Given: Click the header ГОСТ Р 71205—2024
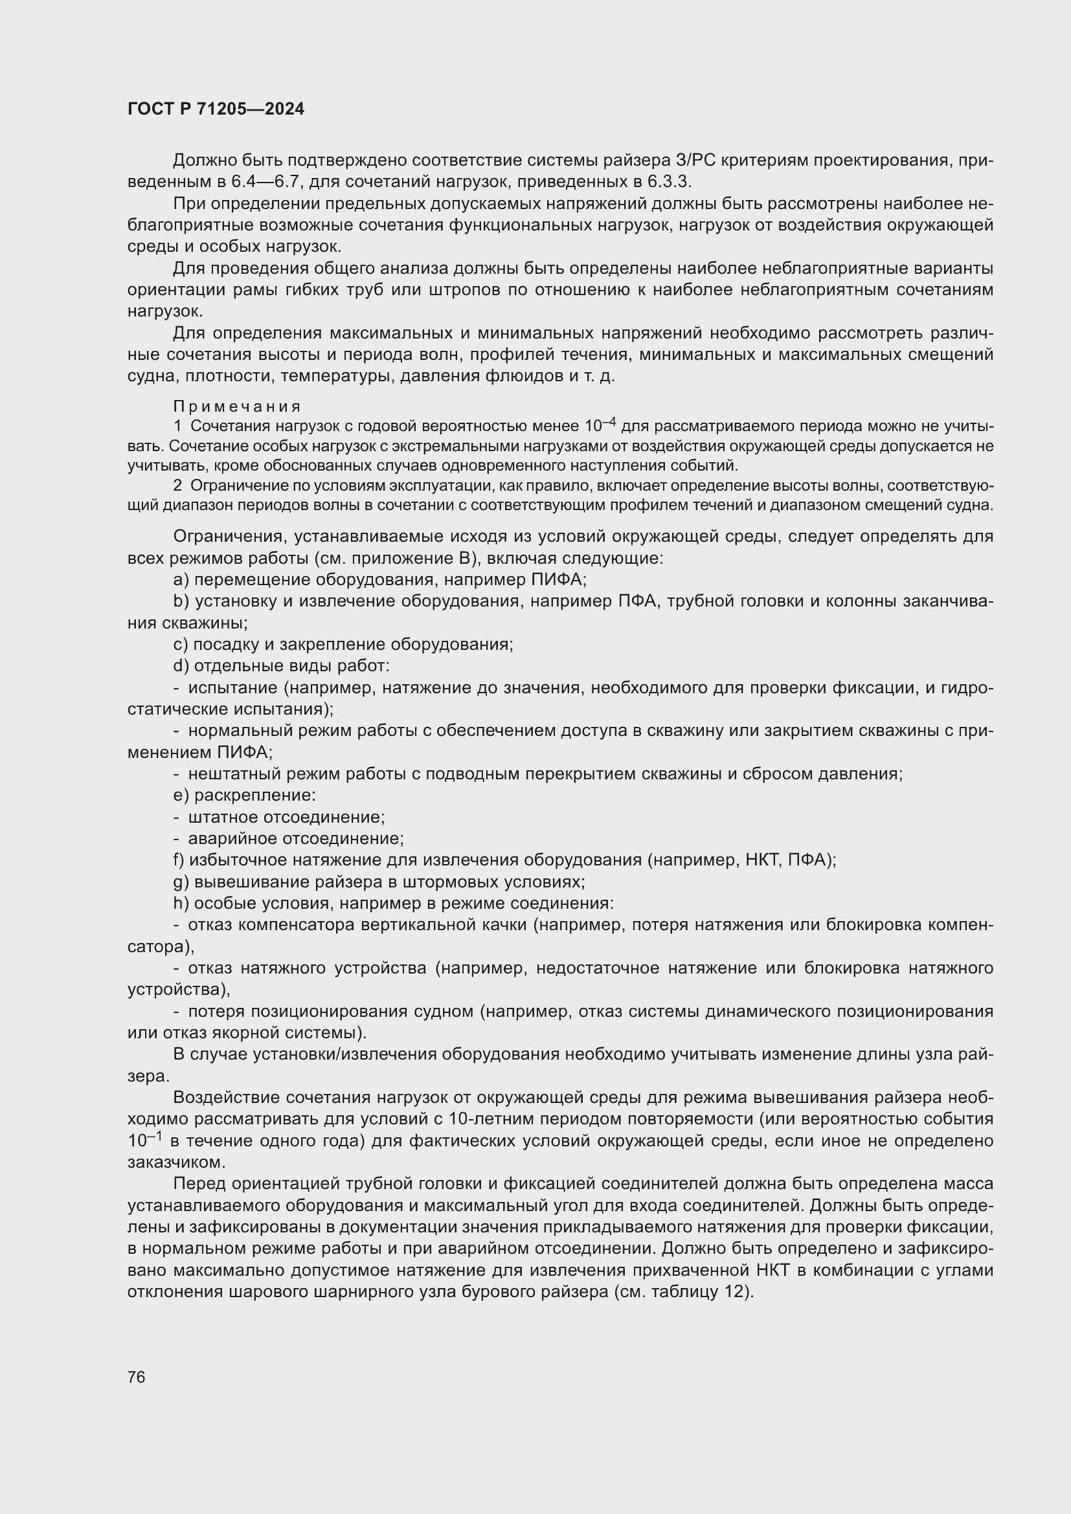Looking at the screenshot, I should [216, 109].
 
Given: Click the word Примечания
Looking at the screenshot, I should [237, 406].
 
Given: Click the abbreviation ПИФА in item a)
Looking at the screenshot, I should [558, 579].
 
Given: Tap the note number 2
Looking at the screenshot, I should [177, 486].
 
